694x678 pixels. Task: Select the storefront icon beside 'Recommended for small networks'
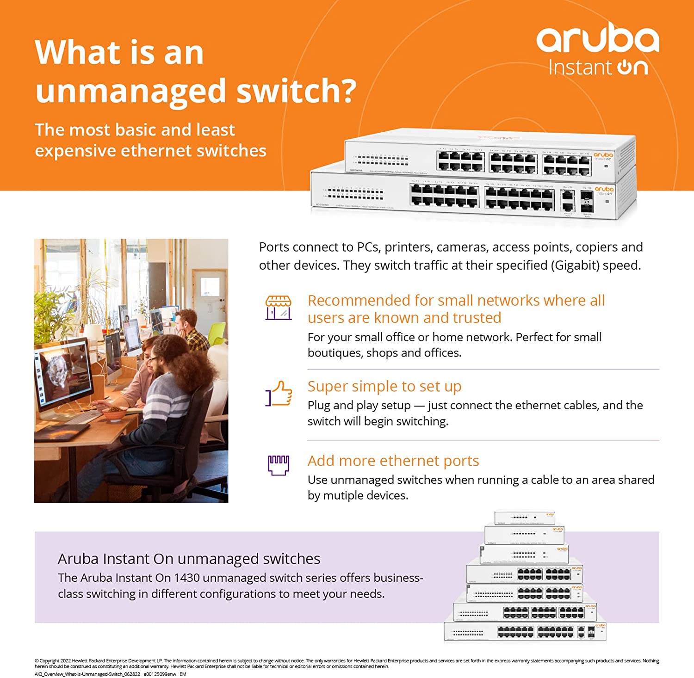pos(278,308)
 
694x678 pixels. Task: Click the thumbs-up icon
pos(279,394)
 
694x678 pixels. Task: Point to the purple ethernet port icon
pos(279,465)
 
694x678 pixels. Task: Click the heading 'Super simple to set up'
pos(384,386)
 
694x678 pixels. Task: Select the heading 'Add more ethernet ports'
pos(393,461)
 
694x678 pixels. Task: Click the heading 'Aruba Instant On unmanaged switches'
pos(189,559)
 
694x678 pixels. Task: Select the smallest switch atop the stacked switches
pos(524,517)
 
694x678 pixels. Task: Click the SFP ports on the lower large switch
pos(586,201)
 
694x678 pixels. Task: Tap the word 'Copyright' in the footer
pos(49,661)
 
